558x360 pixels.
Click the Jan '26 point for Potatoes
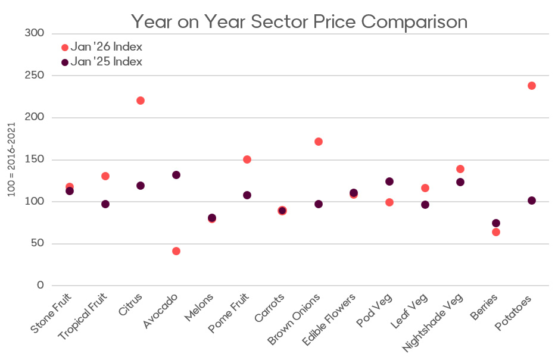531,86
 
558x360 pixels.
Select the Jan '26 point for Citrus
141,101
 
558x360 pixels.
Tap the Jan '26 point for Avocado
176,251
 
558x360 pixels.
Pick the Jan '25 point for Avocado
176,175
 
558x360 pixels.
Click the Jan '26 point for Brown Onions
319,142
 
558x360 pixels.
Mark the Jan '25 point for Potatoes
531,201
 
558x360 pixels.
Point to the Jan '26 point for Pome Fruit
247,159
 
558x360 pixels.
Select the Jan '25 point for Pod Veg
389,181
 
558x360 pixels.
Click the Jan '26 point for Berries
495,232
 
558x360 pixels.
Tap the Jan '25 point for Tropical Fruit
105,204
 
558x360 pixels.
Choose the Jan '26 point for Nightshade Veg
460,169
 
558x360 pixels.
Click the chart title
299,21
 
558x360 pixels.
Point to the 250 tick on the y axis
35,76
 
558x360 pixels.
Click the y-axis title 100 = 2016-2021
10,159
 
